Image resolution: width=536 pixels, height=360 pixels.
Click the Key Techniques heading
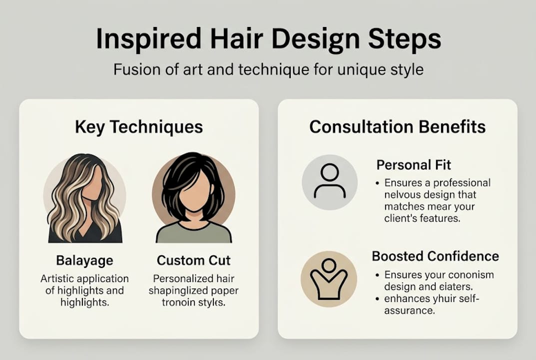click(139, 127)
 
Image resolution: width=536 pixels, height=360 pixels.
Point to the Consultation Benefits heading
click(397, 127)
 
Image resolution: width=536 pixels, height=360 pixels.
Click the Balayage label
click(84, 260)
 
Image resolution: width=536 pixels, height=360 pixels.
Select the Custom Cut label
click(194, 260)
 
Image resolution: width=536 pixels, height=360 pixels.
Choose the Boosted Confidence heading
click(435, 256)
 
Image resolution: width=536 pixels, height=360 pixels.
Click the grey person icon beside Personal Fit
click(330, 182)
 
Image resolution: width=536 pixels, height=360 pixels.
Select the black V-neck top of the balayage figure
click(85, 234)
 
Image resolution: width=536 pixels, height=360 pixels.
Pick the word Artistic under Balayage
click(58, 278)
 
